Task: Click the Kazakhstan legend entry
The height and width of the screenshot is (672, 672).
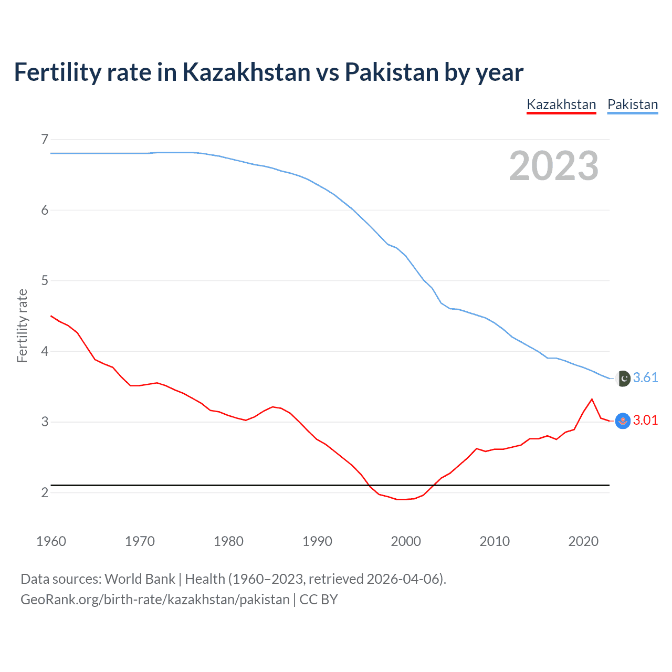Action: coord(561,104)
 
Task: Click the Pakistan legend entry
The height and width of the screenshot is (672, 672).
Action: coord(633,104)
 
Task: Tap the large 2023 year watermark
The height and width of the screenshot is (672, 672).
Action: coord(554,166)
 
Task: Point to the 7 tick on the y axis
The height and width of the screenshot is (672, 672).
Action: coord(45,139)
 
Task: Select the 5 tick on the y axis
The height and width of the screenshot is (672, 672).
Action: coord(45,280)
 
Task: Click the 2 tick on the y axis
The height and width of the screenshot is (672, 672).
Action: coord(45,492)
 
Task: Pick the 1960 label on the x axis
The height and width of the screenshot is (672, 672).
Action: coord(51,541)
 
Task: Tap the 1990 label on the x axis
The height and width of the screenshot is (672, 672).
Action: coord(317,541)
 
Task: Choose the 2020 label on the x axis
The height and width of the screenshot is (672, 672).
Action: coord(583,541)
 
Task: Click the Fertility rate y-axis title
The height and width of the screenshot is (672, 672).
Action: coord(22,325)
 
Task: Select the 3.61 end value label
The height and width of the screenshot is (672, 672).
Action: coord(645,377)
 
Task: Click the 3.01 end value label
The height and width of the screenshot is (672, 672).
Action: coord(645,420)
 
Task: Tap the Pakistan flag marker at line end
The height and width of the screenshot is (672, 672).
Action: coord(623,378)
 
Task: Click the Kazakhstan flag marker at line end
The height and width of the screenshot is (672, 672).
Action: coord(623,421)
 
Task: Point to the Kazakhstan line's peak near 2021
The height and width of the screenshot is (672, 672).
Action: coord(592,399)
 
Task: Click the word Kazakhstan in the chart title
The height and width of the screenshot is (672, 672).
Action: coord(246,72)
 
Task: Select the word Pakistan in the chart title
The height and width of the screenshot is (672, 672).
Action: coord(391,72)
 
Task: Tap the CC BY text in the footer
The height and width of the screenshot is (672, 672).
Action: coord(319,600)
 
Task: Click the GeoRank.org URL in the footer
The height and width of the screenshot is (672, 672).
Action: coord(155,600)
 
